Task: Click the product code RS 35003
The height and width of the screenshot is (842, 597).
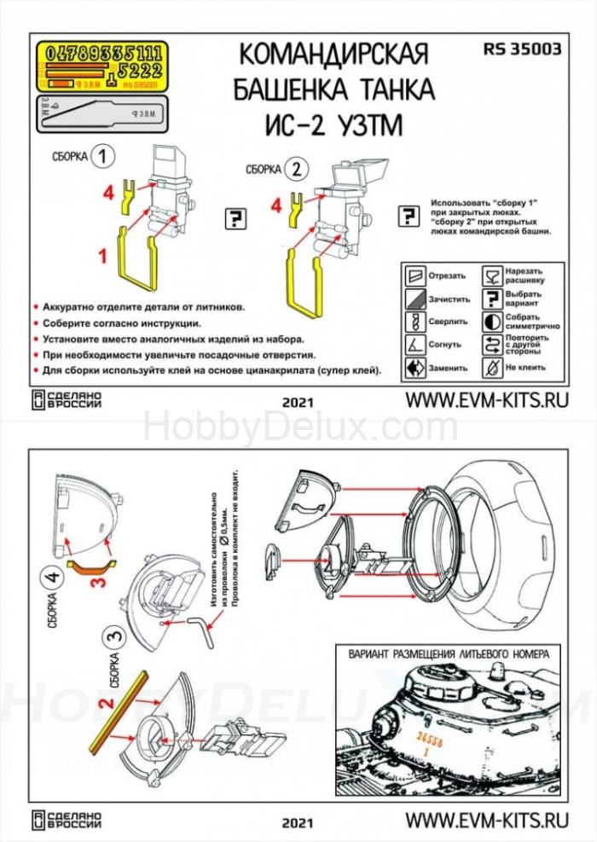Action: click(522, 49)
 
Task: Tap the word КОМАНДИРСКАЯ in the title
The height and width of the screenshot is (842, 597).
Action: click(333, 55)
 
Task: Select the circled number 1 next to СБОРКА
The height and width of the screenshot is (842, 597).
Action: click(103, 157)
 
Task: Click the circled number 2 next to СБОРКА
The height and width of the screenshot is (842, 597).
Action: click(296, 168)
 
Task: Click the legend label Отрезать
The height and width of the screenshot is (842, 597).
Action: click(448, 276)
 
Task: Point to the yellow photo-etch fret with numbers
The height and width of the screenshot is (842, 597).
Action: click(101, 67)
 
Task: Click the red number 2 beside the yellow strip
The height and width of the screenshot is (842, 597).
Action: click(105, 704)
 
